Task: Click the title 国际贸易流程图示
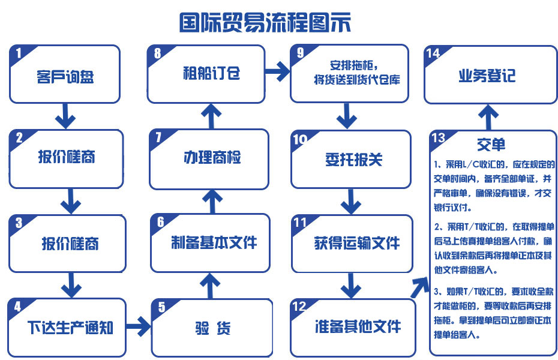(x=265, y=22)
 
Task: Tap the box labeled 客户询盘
(x=65, y=74)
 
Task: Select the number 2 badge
(x=19, y=137)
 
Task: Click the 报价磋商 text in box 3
(x=70, y=244)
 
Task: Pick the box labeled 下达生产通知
(x=67, y=327)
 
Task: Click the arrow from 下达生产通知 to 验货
(x=139, y=326)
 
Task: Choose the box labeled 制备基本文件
(x=211, y=243)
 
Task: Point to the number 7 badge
(x=158, y=137)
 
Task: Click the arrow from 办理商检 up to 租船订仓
(x=211, y=116)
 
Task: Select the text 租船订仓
(x=211, y=73)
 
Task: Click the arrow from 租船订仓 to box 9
(x=278, y=71)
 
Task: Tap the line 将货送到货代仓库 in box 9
(x=357, y=79)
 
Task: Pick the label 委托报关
(x=354, y=159)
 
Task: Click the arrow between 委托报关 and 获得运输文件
(x=351, y=202)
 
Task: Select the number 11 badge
(x=300, y=223)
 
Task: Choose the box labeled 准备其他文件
(x=353, y=328)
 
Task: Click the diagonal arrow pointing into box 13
(x=420, y=287)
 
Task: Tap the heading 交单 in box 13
(x=491, y=144)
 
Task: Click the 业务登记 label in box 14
(x=487, y=76)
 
